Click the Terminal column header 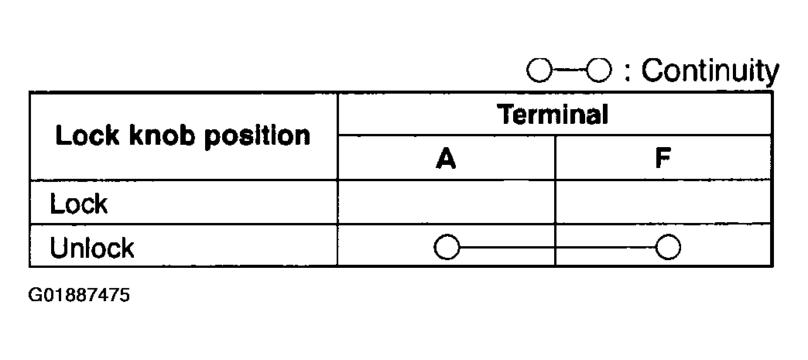pyautogui.click(x=553, y=115)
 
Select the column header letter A pyautogui.click(x=446, y=159)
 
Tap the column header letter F pyautogui.click(x=662, y=159)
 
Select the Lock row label pyautogui.click(x=78, y=205)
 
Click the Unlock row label pyautogui.click(x=91, y=248)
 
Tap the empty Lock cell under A pyautogui.click(x=447, y=202)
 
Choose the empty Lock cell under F pyautogui.click(x=663, y=202)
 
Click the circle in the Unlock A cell pyautogui.click(x=447, y=248)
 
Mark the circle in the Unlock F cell pyautogui.click(x=667, y=248)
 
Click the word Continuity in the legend pyautogui.click(x=710, y=72)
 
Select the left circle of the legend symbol pyautogui.click(x=539, y=71)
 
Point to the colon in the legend pyautogui.click(x=628, y=73)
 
